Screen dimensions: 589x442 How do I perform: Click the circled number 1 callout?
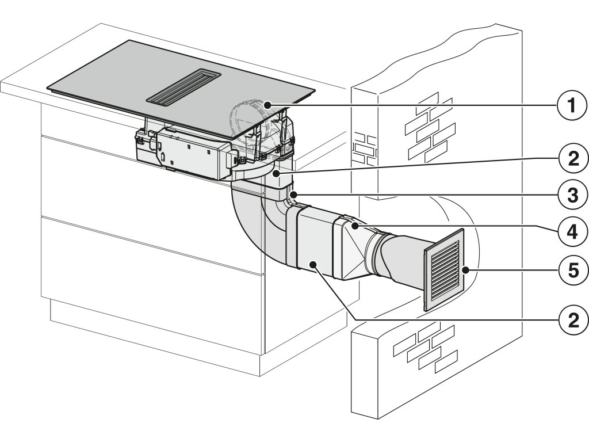click(570, 106)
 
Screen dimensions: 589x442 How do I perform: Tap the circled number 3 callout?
click(570, 195)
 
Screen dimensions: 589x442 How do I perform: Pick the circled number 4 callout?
click(570, 231)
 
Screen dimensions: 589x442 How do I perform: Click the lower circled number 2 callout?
click(570, 319)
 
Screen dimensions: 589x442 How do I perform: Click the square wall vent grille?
click(444, 270)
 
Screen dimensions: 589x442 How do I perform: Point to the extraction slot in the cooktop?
click(181, 87)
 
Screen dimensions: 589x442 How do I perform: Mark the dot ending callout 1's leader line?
click(268, 104)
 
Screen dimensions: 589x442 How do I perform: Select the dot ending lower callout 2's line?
click(312, 264)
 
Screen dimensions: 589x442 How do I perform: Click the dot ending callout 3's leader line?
click(294, 195)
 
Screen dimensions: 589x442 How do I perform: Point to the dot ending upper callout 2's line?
click(277, 172)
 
